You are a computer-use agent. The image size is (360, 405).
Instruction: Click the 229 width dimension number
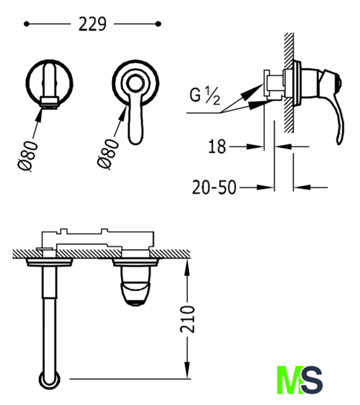click(x=92, y=24)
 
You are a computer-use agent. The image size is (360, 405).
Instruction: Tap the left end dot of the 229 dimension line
click(x=26, y=24)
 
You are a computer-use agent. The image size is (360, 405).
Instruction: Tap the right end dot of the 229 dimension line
click(x=159, y=24)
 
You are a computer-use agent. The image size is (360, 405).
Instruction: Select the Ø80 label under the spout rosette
click(x=28, y=156)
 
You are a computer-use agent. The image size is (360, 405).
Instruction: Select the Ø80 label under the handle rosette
click(x=108, y=154)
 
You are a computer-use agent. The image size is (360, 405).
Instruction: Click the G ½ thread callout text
click(x=205, y=96)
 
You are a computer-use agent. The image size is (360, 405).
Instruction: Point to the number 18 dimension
click(x=217, y=146)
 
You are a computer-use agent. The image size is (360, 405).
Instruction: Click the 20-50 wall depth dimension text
click(x=214, y=187)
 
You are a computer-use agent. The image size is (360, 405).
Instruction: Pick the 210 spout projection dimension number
click(x=188, y=319)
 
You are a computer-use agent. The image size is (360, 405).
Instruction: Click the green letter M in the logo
click(x=289, y=380)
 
